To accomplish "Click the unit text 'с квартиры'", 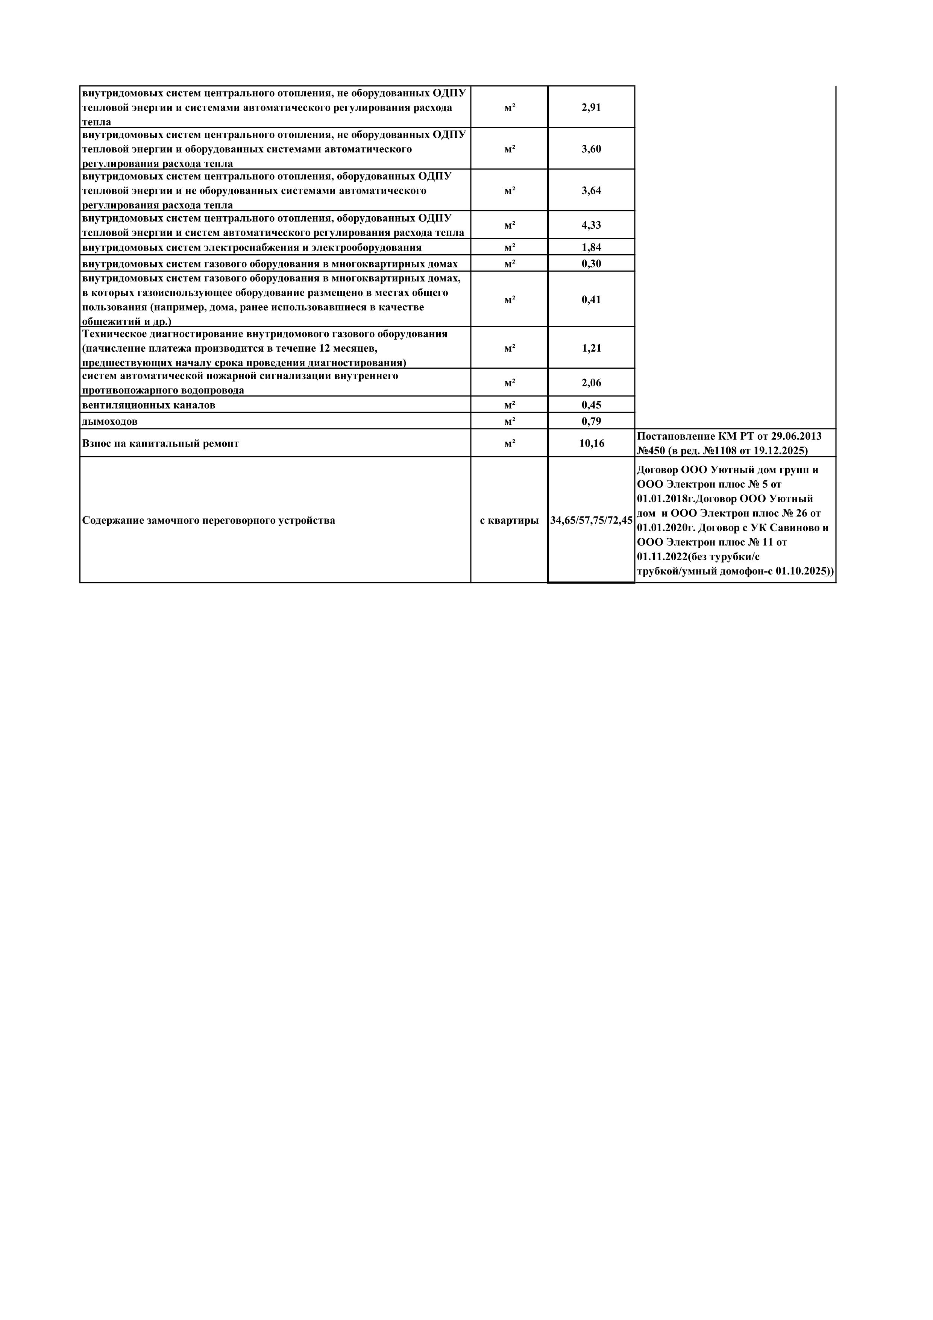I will (509, 520).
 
